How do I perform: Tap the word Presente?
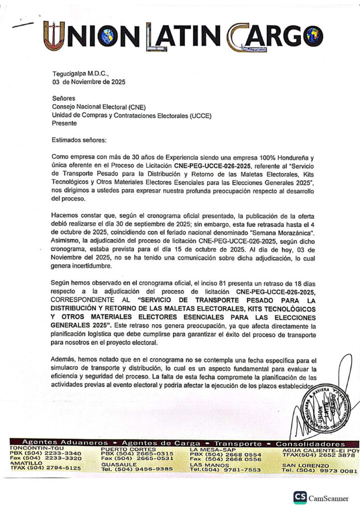tap(65, 123)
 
